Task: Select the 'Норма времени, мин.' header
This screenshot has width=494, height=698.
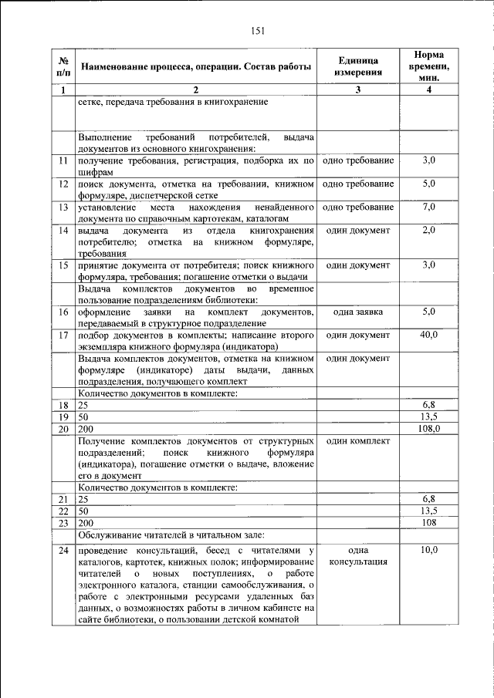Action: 429,66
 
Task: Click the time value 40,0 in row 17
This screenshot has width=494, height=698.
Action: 429,334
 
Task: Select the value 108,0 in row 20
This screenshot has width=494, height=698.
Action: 429,428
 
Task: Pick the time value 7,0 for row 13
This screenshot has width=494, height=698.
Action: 429,207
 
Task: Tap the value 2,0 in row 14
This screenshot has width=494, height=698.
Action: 429,230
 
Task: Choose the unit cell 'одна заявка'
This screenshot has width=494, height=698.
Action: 358,311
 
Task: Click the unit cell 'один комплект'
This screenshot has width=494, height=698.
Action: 358,440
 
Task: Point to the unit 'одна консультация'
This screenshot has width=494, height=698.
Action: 358,555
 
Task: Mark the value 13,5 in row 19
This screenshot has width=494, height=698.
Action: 429,416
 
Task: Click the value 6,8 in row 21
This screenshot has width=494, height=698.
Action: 429,499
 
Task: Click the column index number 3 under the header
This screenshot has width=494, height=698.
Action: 358,90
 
